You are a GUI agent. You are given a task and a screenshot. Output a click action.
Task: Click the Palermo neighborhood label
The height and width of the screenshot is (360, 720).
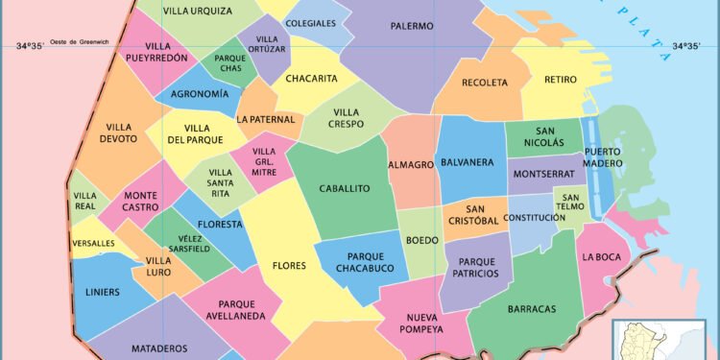412,26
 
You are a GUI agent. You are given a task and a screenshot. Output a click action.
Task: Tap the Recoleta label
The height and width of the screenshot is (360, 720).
485,83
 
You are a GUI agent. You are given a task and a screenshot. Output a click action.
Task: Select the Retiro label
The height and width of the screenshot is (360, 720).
560,81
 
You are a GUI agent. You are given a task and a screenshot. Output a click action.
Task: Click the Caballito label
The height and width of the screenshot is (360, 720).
344,189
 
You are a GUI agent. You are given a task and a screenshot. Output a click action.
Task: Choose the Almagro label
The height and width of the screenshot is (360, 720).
411,165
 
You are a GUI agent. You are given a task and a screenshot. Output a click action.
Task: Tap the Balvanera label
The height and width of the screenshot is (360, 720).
468,162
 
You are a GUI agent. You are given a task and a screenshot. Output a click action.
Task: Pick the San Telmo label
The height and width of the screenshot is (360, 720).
569,199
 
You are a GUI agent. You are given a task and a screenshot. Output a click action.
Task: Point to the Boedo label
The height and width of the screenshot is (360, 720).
422,240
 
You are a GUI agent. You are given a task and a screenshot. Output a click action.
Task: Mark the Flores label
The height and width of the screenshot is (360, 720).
289,266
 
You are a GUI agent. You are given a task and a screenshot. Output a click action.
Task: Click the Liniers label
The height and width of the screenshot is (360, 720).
103,292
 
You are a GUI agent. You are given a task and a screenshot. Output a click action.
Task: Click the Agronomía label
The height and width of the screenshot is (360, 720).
200,94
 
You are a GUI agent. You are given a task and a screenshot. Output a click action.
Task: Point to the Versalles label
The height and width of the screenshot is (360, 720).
93,244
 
